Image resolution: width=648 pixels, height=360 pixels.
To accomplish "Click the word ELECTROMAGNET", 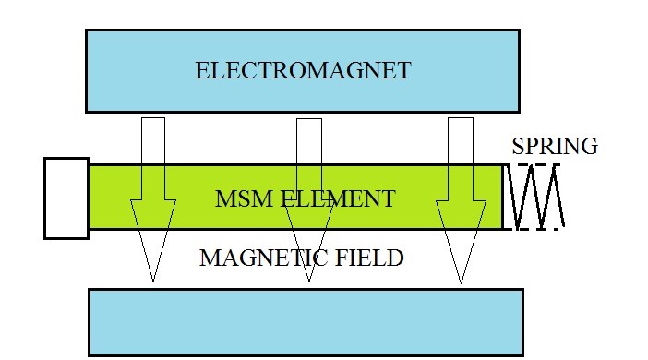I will click(302, 71).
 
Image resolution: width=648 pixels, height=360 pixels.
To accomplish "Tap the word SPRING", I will click(555, 146).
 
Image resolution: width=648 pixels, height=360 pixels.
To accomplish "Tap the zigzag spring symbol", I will click(534, 197).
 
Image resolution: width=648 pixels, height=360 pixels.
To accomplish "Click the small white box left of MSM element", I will click(66, 198).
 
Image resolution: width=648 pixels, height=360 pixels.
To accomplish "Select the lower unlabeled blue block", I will click(306, 322).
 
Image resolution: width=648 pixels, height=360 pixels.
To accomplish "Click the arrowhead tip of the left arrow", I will click(153, 281).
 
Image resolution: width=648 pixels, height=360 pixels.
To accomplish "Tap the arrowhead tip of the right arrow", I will click(460, 281).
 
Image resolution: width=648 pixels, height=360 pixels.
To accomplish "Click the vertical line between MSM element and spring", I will click(503, 197).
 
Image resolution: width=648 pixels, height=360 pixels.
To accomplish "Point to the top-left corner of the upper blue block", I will click(86, 30).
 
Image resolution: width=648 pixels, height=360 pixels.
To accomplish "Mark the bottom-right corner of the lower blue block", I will click(523, 355).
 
